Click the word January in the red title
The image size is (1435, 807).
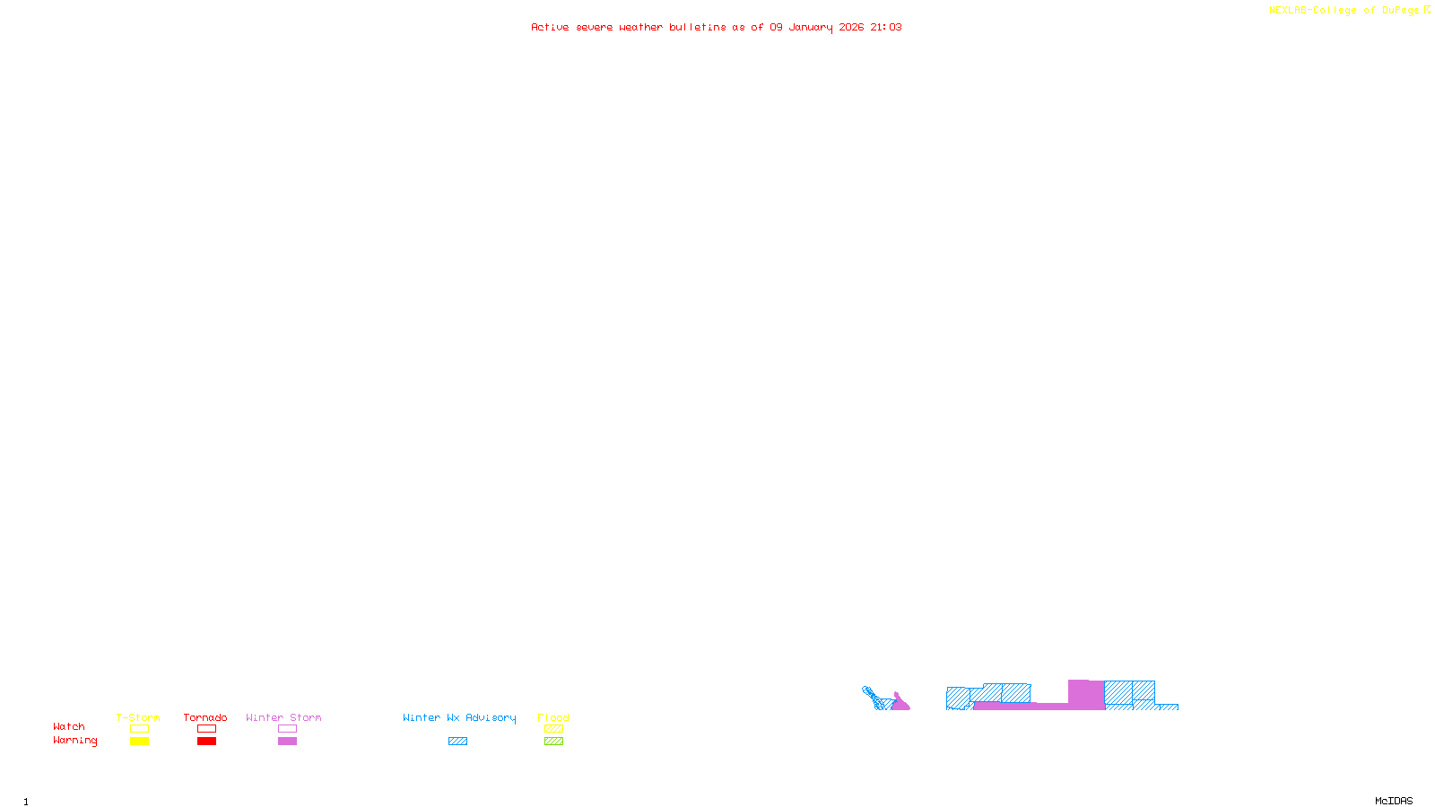[810, 28]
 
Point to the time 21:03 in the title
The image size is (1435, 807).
[885, 28]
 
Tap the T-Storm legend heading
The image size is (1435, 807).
[138, 717]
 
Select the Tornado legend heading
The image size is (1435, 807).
[205, 717]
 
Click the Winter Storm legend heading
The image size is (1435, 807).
[283, 717]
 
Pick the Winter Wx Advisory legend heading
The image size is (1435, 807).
[459, 717]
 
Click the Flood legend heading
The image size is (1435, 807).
[553, 717]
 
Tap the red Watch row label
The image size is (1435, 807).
[69, 727]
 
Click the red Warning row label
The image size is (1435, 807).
[74, 741]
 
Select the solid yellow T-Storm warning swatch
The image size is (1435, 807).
[139, 742]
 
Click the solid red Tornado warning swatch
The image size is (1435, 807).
[206, 742]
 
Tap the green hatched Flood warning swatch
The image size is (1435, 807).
[553, 742]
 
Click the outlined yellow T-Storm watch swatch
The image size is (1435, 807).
[139, 729]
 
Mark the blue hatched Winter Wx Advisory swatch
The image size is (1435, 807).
[457, 742]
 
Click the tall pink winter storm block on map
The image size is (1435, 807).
[1085, 694]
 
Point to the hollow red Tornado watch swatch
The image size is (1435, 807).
[206, 729]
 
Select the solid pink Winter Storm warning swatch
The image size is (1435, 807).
[287, 742]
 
